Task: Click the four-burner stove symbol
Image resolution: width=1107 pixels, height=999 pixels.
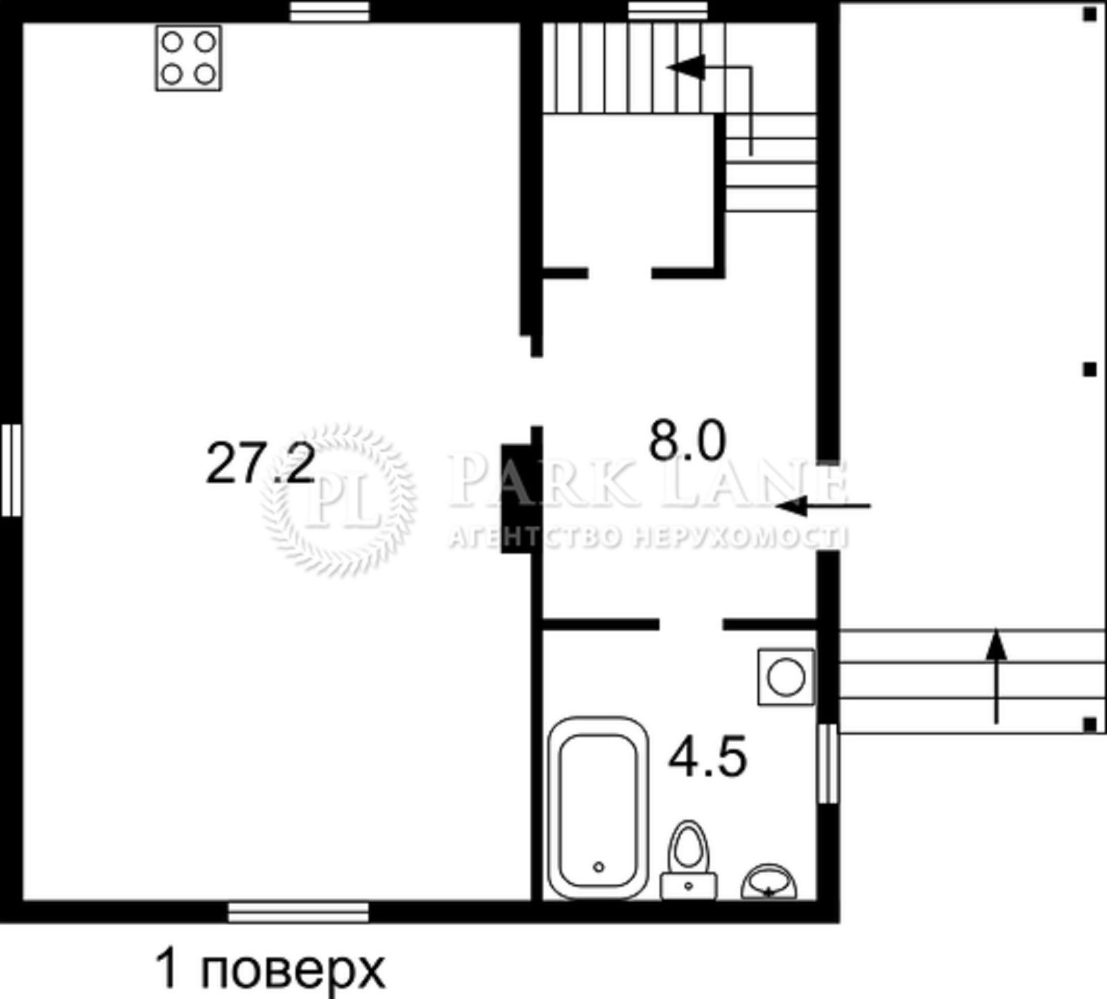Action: coord(188,58)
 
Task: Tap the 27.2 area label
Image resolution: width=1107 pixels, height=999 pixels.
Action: coord(261,464)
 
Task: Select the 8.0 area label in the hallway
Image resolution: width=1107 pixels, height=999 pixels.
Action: coord(687,441)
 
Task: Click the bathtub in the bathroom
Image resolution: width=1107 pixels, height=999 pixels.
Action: coord(599,808)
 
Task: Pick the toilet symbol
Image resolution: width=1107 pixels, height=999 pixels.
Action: coord(689,860)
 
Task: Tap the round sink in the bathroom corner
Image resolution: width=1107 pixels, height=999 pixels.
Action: coord(769,881)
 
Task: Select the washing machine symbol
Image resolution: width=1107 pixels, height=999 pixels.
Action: coord(786,676)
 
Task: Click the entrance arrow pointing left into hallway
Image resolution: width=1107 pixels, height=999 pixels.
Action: coord(823,506)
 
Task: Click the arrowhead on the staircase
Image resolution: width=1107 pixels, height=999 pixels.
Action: coord(686,67)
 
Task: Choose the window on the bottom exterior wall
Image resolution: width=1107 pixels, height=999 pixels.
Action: coord(298,912)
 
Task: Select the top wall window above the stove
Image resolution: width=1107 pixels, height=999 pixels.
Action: coord(329,11)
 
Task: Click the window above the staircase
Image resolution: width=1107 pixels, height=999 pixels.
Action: coord(668,11)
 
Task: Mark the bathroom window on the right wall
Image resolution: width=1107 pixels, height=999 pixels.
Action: coord(827,763)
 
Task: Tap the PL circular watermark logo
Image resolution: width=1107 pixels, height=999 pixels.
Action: coord(339,499)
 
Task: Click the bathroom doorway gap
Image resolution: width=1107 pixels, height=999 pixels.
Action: coord(691,624)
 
